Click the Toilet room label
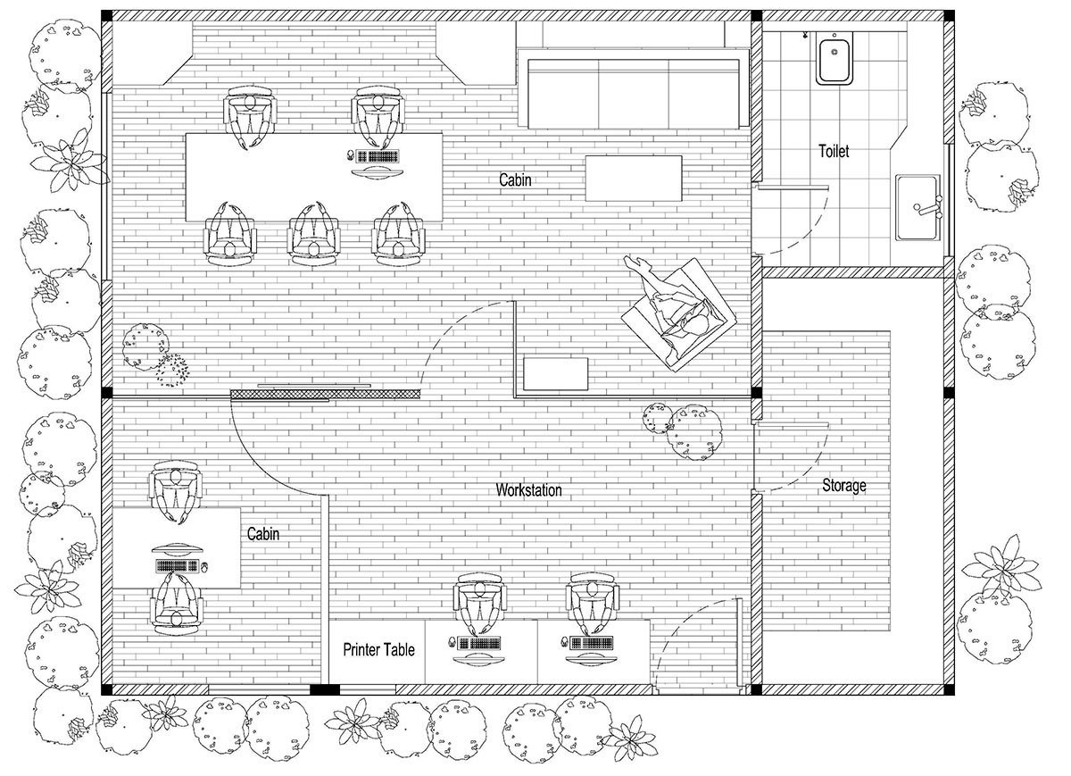tap(834, 151)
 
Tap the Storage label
tap(844, 485)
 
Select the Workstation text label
tap(528, 490)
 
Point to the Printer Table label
tap(378, 649)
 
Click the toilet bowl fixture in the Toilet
tap(834, 59)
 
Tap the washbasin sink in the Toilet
tap(918, 208)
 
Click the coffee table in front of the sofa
tap(634, 178)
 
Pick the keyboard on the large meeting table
tap(378, 156)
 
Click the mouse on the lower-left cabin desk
tap(204, 567)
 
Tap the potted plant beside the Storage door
tap(684, 431)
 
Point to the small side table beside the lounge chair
tap(555, 373)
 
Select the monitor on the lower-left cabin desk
tap(177, 550)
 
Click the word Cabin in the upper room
tap(515, 179)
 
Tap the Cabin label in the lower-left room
tap(263, 534)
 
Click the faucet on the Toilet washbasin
tap(927, 207)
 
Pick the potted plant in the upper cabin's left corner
tap(154, 354)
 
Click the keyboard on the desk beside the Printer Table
tap(480, 644)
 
